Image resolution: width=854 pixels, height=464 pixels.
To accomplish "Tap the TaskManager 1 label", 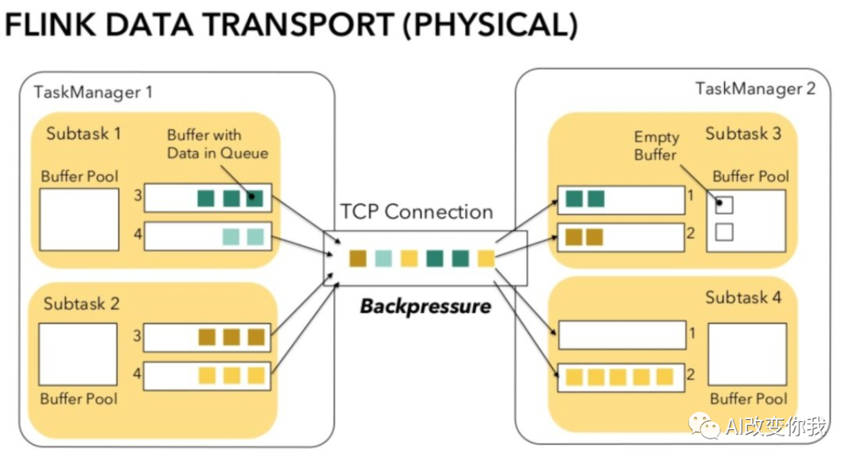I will coord(93,92).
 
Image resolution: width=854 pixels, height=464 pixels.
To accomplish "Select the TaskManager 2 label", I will coord(755,88).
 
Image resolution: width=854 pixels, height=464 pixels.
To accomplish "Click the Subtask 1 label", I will coord(84,133).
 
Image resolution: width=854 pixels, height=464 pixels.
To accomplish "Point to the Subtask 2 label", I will coord(81,304).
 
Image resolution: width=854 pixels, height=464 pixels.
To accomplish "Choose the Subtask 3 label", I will coord(743,133).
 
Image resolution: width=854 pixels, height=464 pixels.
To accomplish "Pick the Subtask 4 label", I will coord(743,297).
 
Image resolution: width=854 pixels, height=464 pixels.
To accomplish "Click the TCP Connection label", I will coord(417,212).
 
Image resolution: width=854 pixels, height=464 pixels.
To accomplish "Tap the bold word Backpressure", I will coord(425,306).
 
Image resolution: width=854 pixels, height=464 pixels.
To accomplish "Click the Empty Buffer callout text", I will coord(656,146).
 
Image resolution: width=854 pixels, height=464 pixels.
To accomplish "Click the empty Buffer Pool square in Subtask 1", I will coord(79,219).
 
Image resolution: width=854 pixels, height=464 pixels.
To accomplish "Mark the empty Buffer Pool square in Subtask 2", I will coord(78,353).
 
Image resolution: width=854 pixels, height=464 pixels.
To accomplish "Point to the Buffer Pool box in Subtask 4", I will coord(747,353).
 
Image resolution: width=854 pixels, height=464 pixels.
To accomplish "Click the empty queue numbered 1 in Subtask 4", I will coord(621,334).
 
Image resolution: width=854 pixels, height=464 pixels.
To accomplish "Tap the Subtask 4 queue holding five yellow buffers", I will coord(621,376).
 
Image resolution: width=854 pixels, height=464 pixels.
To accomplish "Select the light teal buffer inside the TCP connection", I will coord(384,258).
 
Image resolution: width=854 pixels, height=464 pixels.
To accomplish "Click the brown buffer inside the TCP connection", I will coord(358,258).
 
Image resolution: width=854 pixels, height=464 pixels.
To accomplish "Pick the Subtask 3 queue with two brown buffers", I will coord(621,236).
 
